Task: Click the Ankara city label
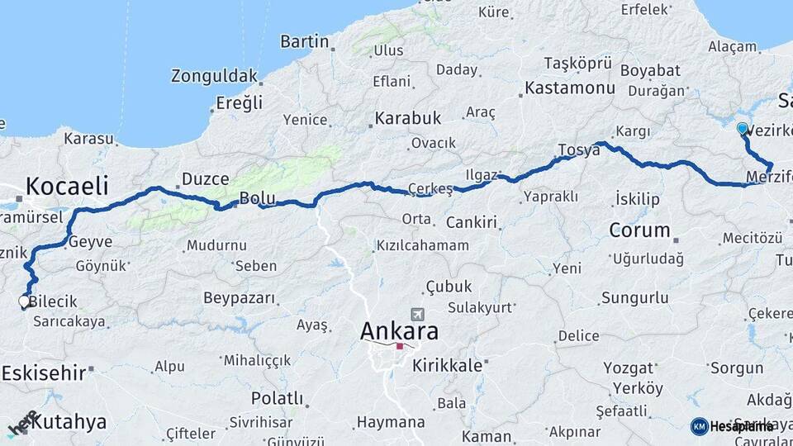click(399, 331)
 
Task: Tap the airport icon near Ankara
click(417, 316)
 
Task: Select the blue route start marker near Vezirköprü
click(742, 129)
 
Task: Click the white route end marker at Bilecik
click(25, 302)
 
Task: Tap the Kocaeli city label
click(67, 186)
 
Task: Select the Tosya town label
click(578, 149)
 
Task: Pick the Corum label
click(639, 230)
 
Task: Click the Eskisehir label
click(43, 372)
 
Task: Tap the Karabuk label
click(407, 119)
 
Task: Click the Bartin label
click(305, 41)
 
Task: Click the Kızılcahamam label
click(422, 245)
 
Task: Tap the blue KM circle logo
click(699, 426)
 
